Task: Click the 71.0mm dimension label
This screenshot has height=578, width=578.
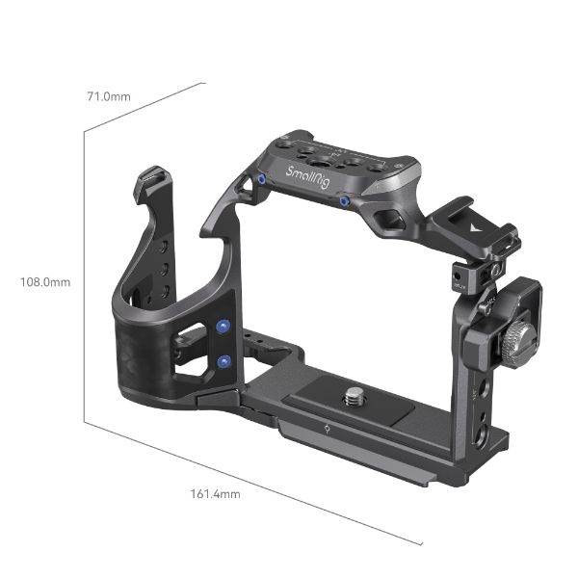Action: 108,97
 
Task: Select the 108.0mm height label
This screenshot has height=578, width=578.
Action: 45,282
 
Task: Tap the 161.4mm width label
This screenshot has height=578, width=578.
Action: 216,494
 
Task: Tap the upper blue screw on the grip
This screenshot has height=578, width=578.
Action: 224,328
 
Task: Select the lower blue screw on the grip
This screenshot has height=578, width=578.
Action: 224,362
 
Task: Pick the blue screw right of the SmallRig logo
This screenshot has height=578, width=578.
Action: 344,200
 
